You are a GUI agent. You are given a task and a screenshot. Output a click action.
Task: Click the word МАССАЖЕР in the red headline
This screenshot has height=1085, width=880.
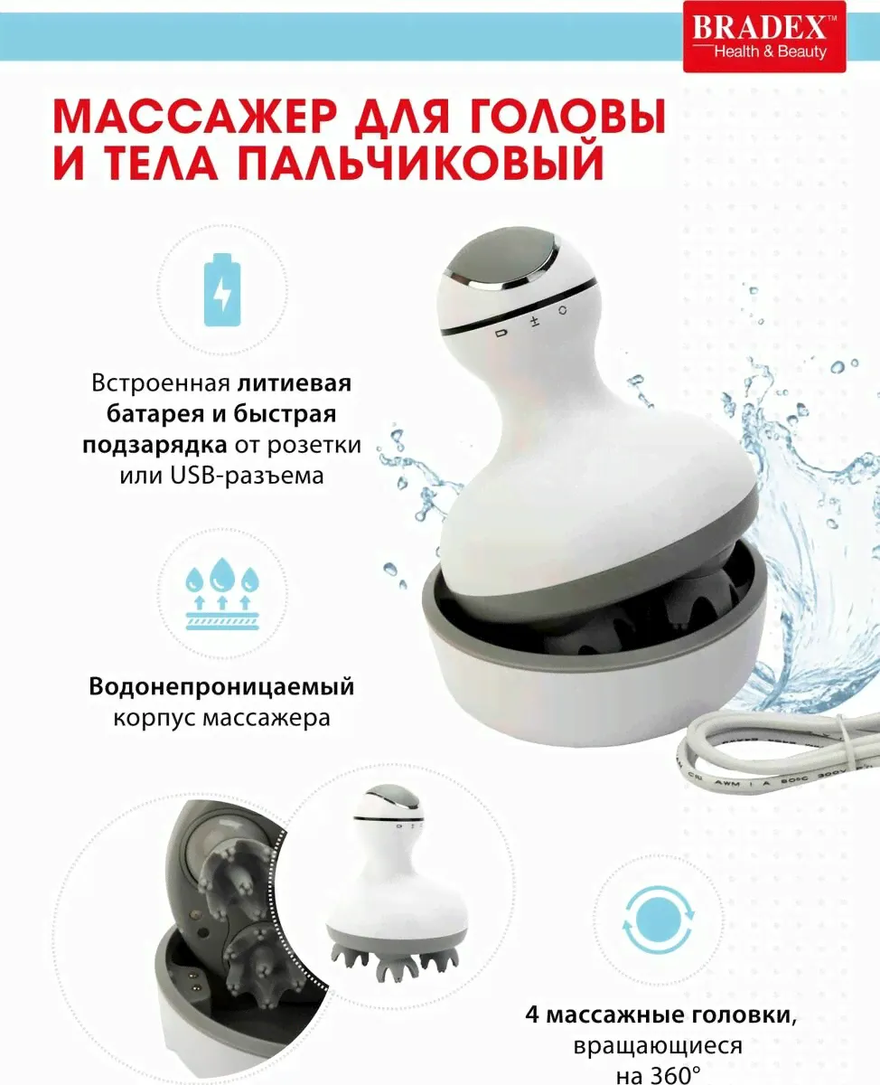click(194, 119)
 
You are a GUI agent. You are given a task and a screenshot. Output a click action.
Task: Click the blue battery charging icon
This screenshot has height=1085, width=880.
click(222, 290)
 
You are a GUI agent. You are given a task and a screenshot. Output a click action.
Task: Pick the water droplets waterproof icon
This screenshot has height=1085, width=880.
click(222, 594)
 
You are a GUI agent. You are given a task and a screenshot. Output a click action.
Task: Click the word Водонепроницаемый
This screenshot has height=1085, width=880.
click(221, 688)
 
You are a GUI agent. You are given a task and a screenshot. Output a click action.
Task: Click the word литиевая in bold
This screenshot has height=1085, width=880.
click(295, 383)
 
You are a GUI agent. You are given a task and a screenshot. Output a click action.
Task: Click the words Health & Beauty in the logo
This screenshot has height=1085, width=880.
click(770, 52)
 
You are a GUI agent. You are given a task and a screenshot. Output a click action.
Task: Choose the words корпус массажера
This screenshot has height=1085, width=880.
click(221, 718)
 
